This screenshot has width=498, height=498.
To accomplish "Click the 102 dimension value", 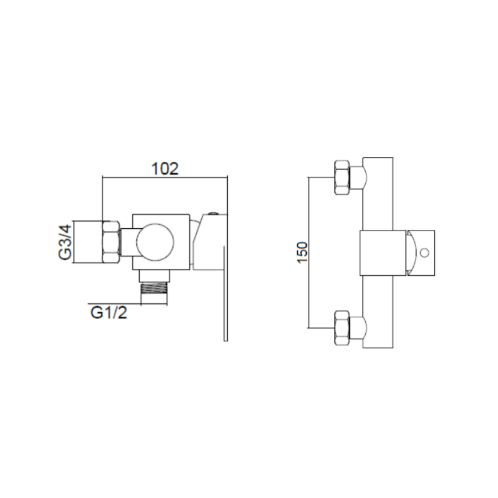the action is tap(165, 169).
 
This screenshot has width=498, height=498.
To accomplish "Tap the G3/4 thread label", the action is tap(66, 242).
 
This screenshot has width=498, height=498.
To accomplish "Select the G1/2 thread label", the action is tap(109, 313).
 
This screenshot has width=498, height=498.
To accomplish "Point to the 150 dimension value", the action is tap(303, 252).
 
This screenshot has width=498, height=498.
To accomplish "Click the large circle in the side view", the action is tap(155, 242).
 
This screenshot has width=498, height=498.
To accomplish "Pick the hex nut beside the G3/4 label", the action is tap(111, 242).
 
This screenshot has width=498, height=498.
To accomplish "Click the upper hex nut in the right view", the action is tap(342, 177).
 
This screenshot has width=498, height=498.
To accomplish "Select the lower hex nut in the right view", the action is tap(342, 328).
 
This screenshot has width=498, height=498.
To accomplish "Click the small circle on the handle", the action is tap(425, 253).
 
